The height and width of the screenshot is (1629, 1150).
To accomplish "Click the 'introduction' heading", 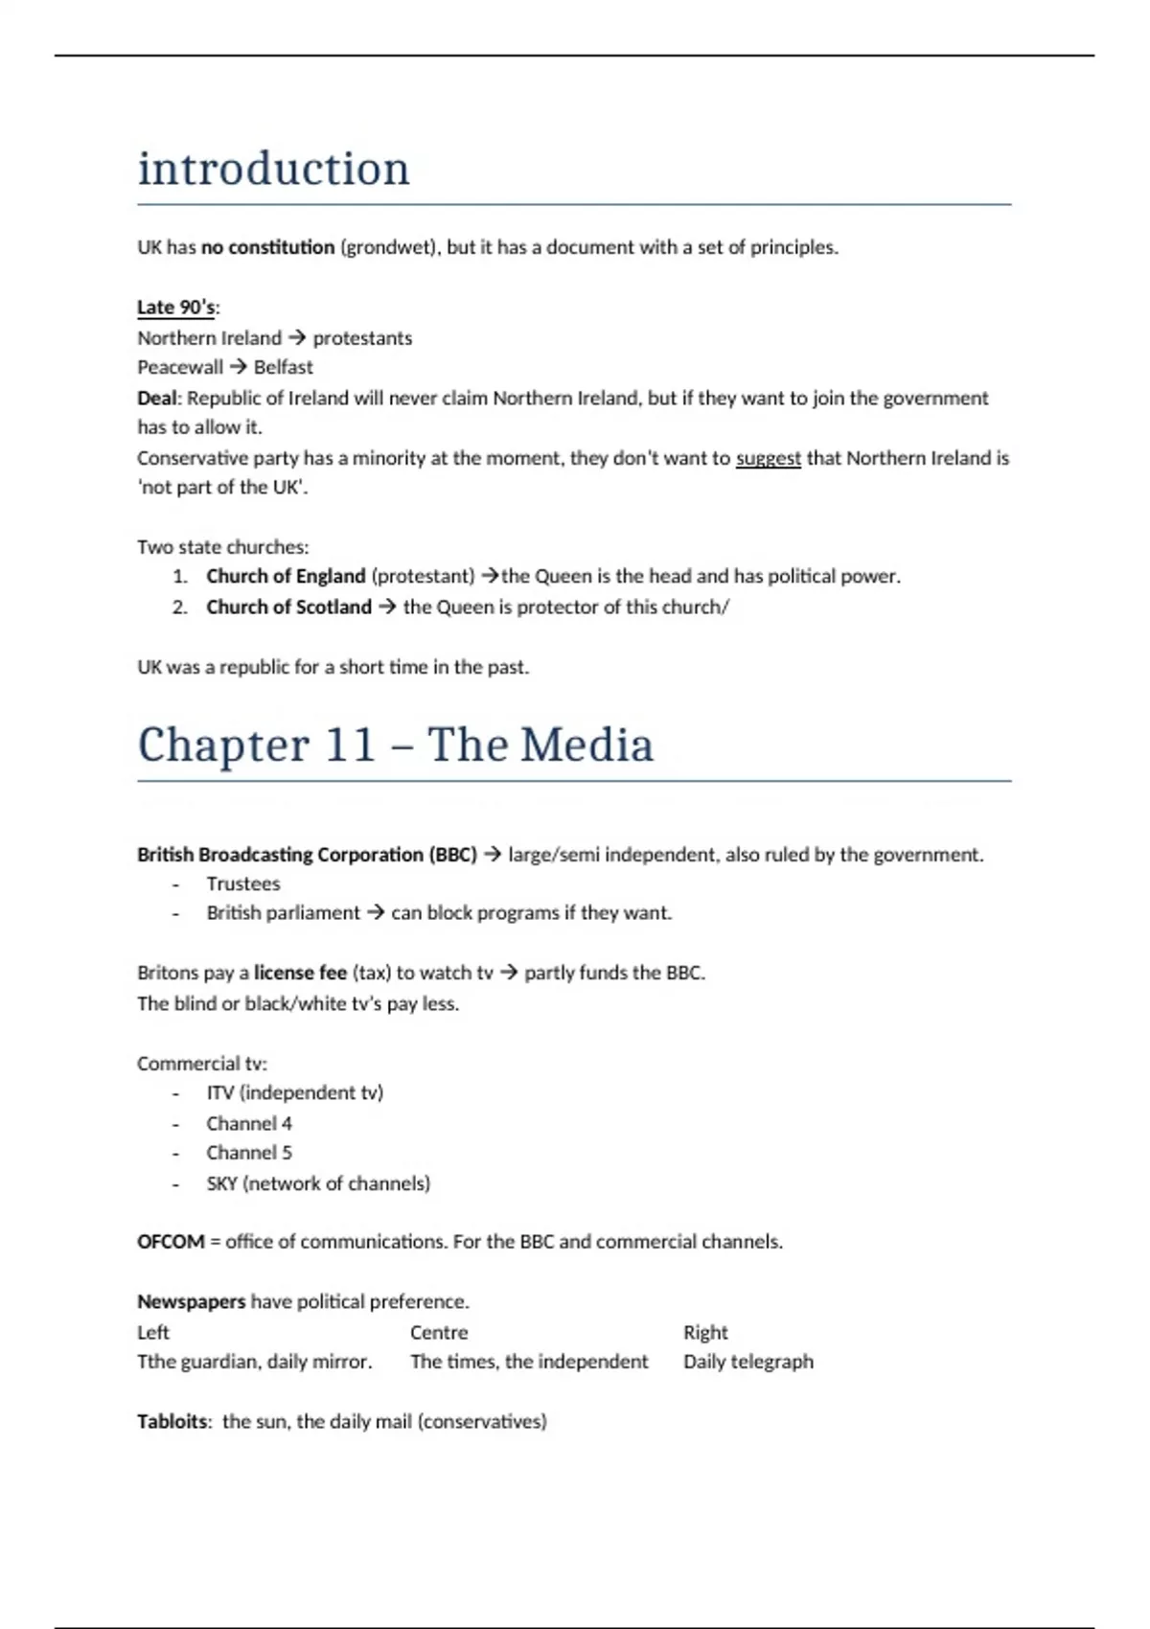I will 273,170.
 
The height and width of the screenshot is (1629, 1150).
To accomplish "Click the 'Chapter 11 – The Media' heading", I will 395,746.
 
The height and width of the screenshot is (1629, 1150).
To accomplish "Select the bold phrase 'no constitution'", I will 267,247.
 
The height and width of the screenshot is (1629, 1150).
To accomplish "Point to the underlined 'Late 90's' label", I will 176,308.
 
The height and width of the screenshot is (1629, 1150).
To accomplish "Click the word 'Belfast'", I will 283,367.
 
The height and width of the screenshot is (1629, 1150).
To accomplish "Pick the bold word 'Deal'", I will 156,398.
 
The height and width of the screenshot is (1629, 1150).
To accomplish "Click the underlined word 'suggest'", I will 768,458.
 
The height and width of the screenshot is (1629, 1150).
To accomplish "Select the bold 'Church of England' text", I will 286,576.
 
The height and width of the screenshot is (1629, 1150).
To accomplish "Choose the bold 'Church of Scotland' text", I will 288,607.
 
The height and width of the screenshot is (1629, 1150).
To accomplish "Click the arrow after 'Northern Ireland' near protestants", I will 297,338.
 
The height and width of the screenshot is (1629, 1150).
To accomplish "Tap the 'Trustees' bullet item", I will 243,883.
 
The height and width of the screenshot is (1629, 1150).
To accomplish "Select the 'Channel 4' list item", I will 249,1123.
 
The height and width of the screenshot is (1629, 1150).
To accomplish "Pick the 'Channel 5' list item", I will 249,1153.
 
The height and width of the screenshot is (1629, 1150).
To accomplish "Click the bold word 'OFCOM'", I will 171,1242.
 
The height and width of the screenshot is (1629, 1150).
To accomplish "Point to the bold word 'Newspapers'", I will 191,1301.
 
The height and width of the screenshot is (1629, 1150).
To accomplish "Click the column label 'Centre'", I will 439,1332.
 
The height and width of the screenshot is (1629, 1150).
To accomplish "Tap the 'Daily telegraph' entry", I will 747,1362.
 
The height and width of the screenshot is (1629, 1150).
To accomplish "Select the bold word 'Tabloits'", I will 172,1421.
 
